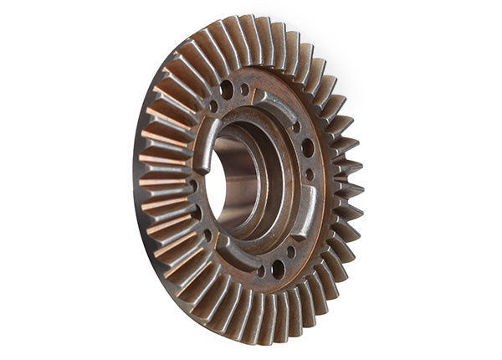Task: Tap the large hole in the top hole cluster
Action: click(x=227, y=89)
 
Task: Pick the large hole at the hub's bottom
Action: click(x=277, y=269)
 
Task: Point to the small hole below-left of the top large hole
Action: click(x=213, y=106)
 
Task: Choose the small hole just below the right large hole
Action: click(x=310, y=175)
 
